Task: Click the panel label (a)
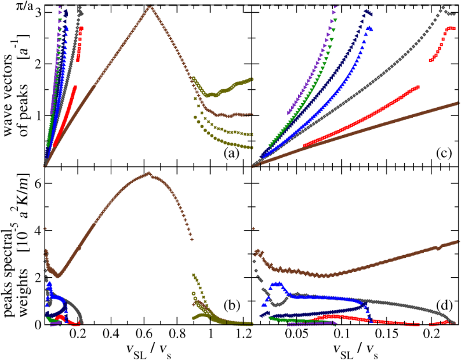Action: (236, 155)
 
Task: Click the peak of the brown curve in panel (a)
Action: (149, 6)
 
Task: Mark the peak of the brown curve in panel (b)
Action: (148, 173)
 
